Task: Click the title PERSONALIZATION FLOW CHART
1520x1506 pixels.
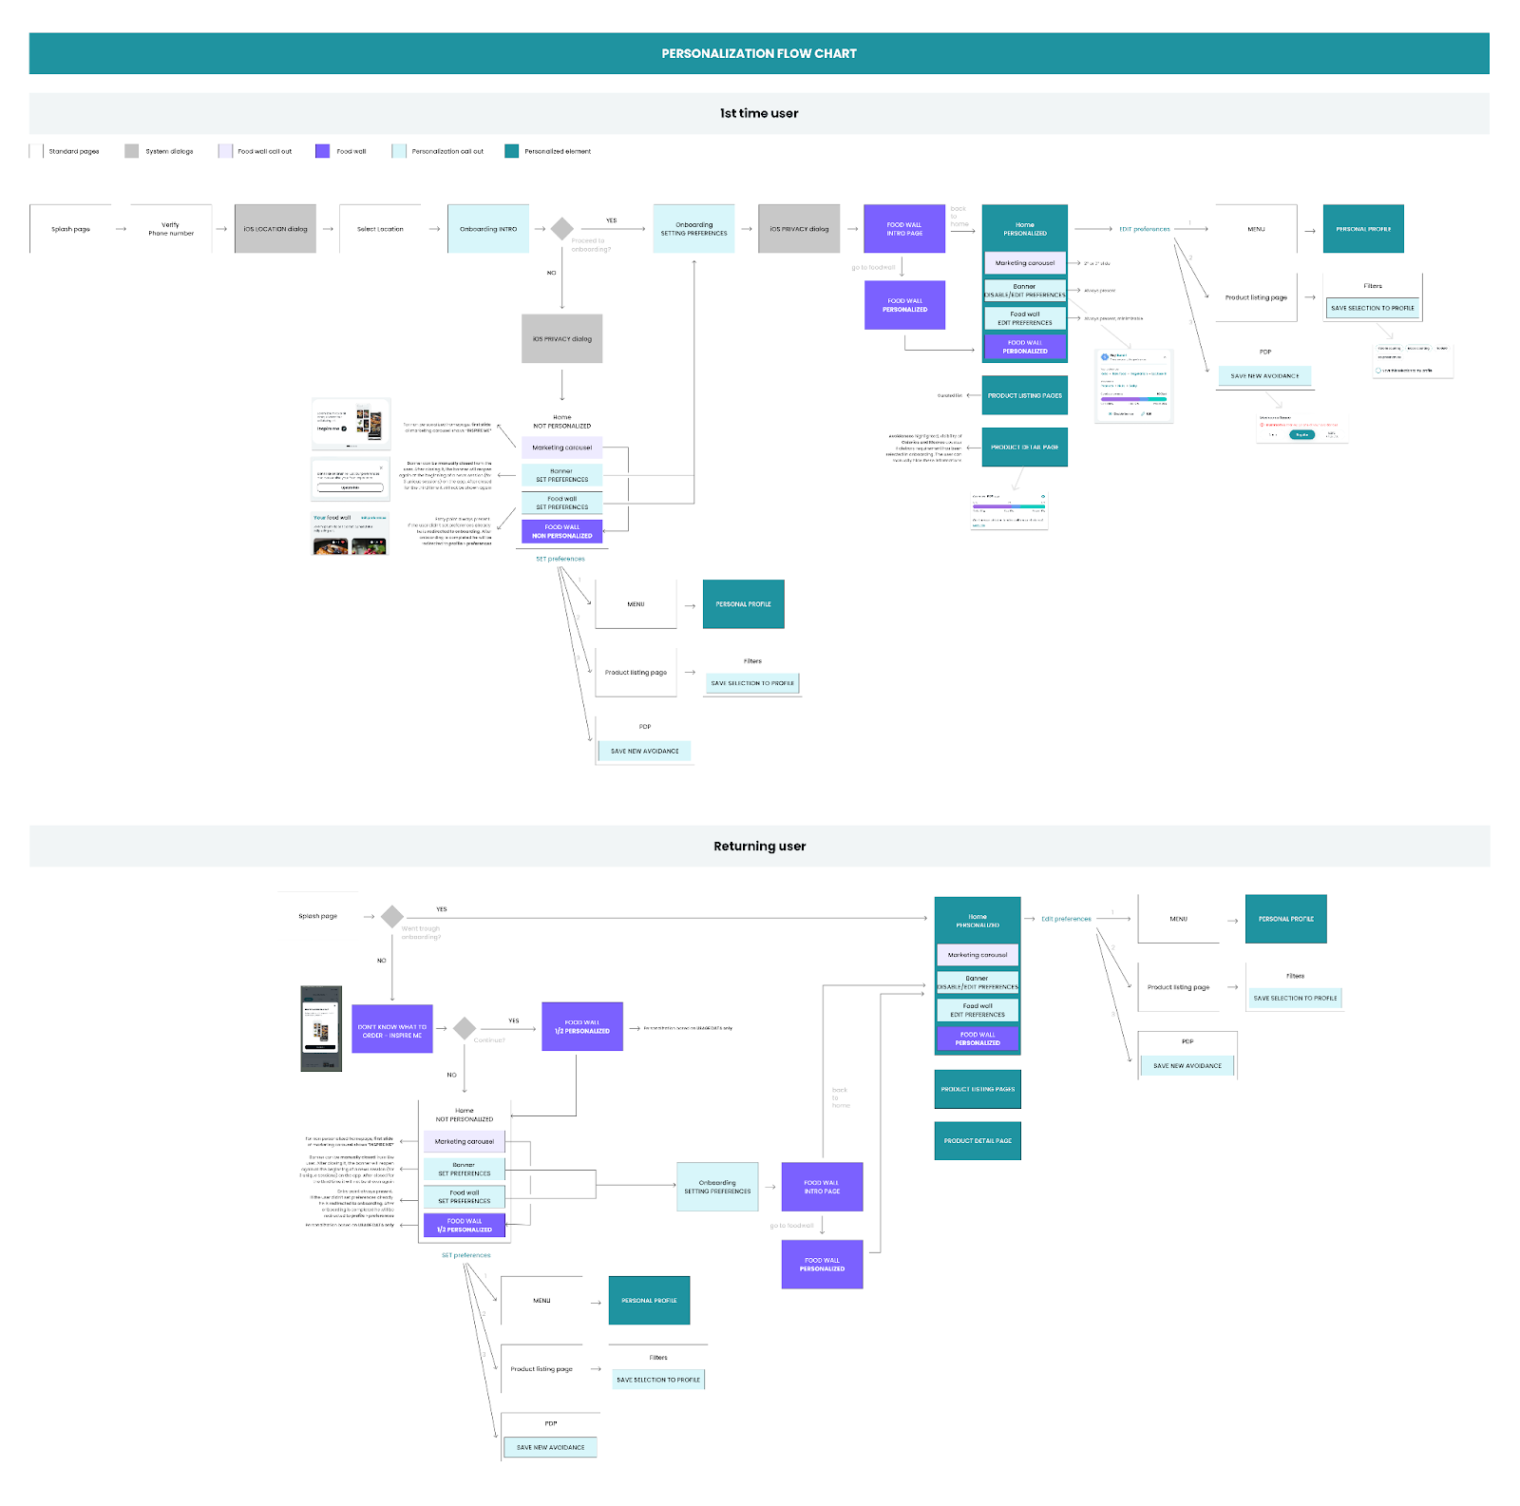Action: coord(759,54)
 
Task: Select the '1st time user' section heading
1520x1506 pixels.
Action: coord(759,113)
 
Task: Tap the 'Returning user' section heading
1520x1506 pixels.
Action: coord(759,847)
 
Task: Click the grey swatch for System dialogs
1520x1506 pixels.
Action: coord(131,151)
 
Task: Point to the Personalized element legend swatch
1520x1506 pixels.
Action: coord(511,151)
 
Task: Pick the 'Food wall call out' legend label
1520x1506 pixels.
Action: coord(264,151)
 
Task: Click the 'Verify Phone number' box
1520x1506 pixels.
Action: coord(171,229)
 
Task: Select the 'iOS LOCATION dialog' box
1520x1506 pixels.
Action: coord(275,229)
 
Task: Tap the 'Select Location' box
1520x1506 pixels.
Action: coord(380,229)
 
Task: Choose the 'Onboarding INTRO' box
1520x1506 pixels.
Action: coord(488,229)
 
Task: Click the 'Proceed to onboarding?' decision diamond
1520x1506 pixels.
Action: coord(562,229)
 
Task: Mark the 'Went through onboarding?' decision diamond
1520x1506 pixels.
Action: coord(392,917)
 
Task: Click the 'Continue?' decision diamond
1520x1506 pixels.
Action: coord(465,1028)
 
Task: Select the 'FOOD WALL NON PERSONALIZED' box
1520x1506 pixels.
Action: coord(562,531)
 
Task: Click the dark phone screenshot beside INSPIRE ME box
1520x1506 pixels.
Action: coord(321,1029)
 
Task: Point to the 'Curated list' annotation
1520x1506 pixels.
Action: coord(949,395)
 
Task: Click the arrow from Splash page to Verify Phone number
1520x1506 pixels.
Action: coord(121,229)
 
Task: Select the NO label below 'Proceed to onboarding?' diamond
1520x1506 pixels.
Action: coord(551,273)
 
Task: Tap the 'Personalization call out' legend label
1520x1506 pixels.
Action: coord(447,151)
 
